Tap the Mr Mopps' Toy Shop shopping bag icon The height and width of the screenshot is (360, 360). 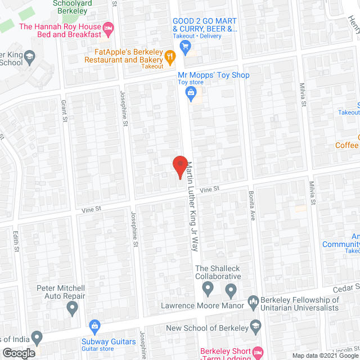[x=191, y=92]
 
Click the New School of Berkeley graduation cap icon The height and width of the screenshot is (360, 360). [x=256, y=328]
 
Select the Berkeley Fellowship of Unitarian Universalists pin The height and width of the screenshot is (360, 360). [x=253, y=302]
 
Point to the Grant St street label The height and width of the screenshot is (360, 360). [x=64, y=111]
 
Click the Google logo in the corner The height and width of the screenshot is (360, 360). [x=19, y=353]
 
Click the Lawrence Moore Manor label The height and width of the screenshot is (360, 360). [x=202, y=306]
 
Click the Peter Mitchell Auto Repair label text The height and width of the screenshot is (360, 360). [x=61, y=292]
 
